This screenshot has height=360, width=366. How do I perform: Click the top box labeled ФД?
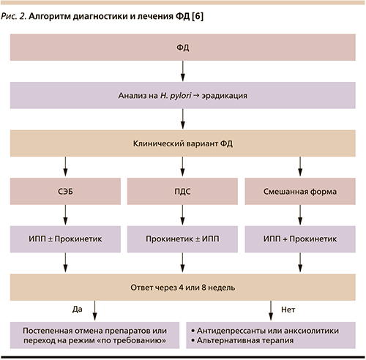183,48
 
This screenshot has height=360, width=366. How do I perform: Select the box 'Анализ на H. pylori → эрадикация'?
183,95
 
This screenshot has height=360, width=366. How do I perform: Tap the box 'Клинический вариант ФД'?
183,143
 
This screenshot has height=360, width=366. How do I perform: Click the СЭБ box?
65,192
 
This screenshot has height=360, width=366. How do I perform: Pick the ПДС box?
182,192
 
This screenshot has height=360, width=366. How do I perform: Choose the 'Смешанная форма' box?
300,192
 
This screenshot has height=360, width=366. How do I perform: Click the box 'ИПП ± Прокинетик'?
65,239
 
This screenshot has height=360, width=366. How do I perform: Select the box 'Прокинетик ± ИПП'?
182,239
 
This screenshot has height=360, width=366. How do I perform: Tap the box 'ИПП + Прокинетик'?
300,239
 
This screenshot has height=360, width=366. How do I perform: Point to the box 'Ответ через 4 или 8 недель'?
183,288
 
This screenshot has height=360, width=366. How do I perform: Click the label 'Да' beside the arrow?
78,310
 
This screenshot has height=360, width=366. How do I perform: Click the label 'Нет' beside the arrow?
288,310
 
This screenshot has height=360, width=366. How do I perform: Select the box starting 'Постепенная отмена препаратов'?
94,335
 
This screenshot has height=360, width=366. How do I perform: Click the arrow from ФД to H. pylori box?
183,71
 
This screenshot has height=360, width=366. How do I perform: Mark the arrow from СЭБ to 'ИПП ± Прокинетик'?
65,215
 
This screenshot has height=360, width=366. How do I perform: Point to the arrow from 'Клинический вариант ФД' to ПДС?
182,167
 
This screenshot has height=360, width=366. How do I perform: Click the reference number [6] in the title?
198,16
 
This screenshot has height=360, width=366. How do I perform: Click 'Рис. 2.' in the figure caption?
14,16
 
